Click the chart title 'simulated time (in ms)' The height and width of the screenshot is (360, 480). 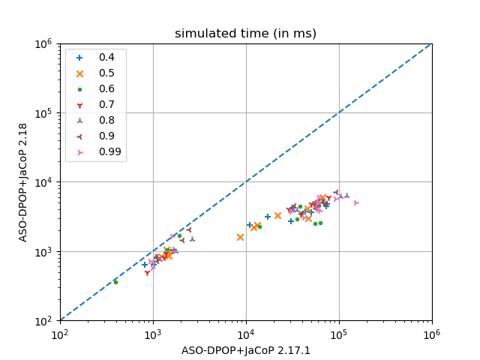[x=245, y=34]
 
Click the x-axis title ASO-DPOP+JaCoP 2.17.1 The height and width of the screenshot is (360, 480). [x=245, y=350]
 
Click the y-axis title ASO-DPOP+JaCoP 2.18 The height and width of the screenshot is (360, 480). [x=23, y=181]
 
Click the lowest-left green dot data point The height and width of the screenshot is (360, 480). [x=115, y=282]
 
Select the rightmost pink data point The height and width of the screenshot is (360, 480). [x=356, y=202]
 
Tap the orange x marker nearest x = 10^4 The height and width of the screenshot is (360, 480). [x=240, y=237]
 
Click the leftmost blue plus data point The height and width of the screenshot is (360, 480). [x=145, y=265]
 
